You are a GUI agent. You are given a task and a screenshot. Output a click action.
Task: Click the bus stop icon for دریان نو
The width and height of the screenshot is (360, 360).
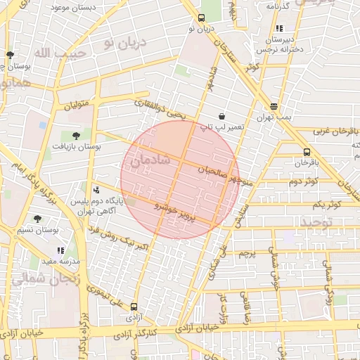click(202, 18)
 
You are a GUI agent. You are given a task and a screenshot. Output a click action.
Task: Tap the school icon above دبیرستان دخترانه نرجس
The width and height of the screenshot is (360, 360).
click(280, 29)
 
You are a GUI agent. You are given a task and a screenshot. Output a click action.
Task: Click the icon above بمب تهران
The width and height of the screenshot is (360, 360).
click(274, 107)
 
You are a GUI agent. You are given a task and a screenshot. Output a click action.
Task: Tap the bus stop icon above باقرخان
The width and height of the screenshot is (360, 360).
click(307, 152)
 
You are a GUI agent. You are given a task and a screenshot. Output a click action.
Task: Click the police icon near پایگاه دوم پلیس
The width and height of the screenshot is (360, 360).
click(96, 190)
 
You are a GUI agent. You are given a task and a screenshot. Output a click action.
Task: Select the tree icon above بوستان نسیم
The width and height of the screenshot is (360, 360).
click(37, 219)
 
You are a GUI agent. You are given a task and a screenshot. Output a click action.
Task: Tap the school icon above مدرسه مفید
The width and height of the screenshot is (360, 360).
click(60, 250)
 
